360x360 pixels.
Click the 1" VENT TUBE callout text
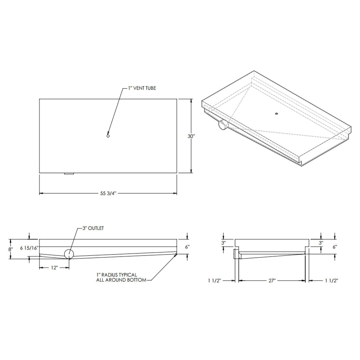point(142,88)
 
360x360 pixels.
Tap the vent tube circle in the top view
point(108,136)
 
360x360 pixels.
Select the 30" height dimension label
point(191,136)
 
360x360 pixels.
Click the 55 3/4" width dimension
point(108,193)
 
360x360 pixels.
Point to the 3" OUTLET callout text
point(93,228)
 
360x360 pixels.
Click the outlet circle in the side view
point(69,254)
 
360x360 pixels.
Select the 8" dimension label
point(10,249)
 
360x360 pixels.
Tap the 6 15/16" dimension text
point(29,248)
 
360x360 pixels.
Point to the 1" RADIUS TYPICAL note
point(116,275)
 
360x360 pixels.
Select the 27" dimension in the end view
point(272,280)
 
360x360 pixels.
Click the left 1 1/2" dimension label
point(215,280)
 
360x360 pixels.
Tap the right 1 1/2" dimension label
point(331,280)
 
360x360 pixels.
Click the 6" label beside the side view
point(187,247)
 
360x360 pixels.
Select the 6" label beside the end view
point(335,247)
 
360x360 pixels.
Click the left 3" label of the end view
point(223,242)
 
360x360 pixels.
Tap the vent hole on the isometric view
point(277,114)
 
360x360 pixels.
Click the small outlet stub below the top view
point(69,174)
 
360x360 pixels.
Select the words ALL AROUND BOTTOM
point(121,280)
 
